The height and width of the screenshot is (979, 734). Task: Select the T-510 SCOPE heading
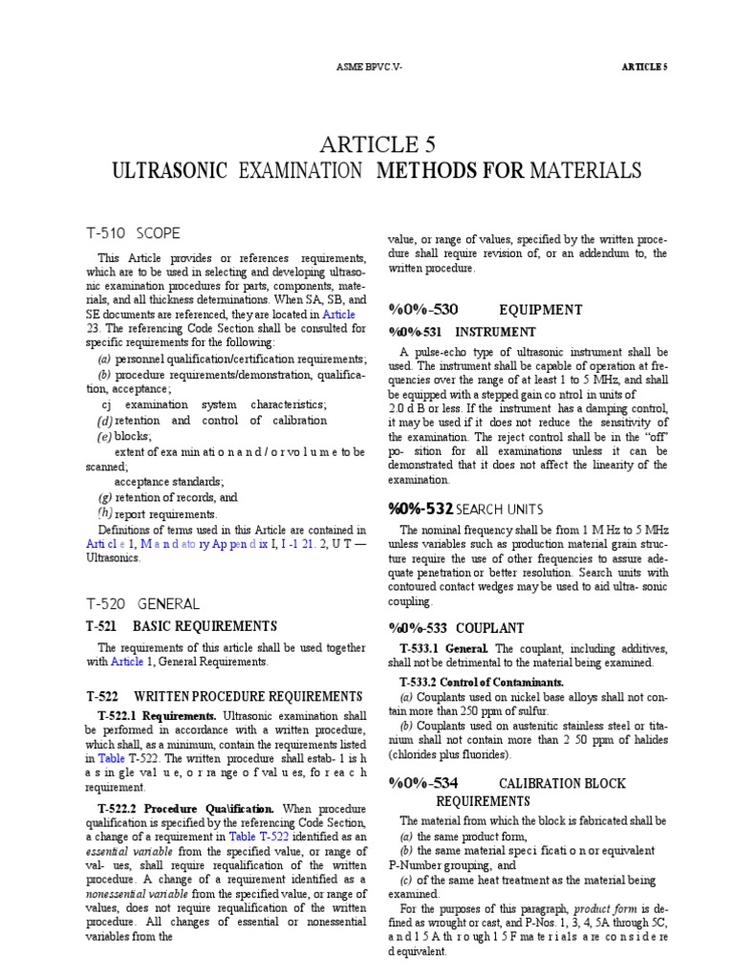(x=133, y=233)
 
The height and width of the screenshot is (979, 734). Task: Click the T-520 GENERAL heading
(x=142, y=604)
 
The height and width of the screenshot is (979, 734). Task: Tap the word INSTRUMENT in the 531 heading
(x=496, y=332)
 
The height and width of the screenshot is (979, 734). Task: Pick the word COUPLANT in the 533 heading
(x=490, y=628)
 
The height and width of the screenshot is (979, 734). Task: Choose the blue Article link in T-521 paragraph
(x=128, y=661)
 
